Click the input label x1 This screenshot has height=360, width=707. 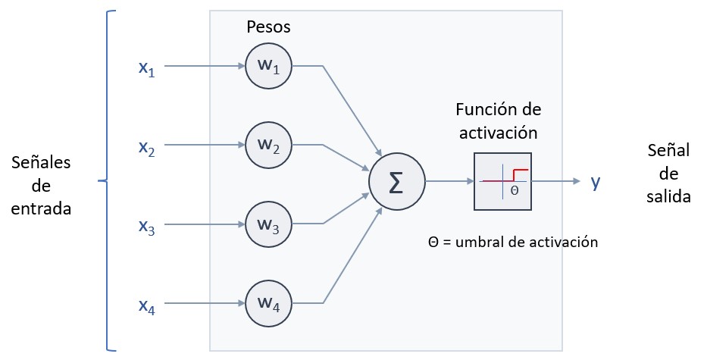145,68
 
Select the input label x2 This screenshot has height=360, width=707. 145,147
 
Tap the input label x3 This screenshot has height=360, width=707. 145,227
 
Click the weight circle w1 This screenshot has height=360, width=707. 267,66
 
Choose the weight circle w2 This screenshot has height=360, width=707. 267,146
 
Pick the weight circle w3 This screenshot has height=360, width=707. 267,225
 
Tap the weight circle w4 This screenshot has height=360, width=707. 267,305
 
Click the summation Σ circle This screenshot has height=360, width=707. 396,182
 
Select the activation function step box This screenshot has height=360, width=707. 503,182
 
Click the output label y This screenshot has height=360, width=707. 596,182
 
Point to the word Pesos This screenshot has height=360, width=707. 268,27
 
